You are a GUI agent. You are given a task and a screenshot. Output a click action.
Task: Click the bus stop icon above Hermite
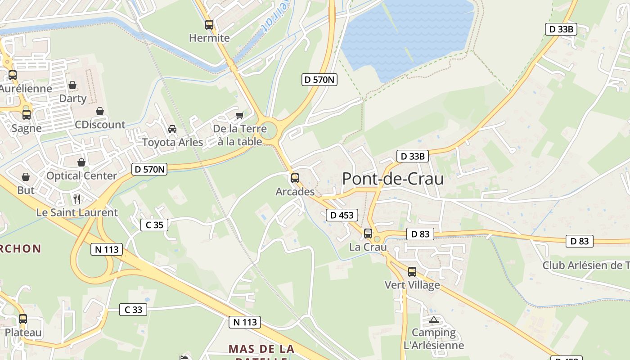point(209,25)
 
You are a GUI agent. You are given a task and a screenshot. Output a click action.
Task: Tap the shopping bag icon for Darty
point(72,85)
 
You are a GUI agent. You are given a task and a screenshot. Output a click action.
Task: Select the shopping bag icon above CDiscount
point(100,111)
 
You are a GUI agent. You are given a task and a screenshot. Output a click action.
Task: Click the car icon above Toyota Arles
point(172,130)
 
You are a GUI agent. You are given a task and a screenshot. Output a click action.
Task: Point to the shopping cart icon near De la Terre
point(240,116)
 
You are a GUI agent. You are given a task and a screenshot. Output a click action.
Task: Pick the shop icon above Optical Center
point(81,162)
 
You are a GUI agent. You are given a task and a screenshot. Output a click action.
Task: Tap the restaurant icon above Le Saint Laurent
point(77,199)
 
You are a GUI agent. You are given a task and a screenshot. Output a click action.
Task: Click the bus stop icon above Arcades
point(295,178)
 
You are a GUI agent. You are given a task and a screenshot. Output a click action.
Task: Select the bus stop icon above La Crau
point(368,234)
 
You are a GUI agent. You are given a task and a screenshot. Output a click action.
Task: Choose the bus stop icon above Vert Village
point(412,272)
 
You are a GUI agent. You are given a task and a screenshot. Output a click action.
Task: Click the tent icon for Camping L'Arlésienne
point(434,320)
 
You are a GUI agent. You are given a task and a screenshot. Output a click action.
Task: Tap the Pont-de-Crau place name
point(393,179)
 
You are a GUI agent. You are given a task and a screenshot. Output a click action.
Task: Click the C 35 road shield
point(154,225)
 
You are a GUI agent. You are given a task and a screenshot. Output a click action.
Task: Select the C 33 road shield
point(133,310)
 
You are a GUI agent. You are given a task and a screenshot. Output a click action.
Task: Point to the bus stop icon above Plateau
point(23,319)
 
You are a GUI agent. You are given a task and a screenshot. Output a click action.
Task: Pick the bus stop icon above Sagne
point(27,115)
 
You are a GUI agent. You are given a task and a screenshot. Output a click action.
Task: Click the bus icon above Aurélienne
point(13,75)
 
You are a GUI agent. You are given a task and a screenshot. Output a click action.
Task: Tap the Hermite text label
point(209,38)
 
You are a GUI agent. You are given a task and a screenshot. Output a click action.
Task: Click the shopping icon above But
point(26,177)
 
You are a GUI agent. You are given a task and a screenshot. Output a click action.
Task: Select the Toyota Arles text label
point(173,143)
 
